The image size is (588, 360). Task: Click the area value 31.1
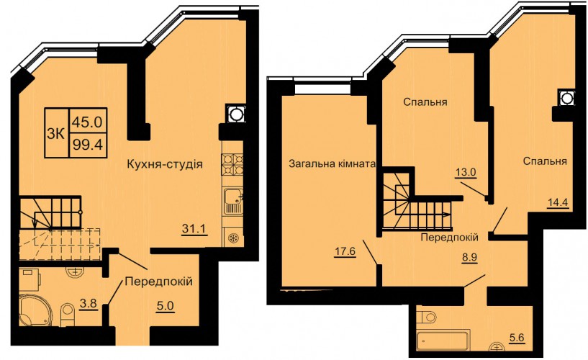194,228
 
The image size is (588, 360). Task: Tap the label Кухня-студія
165,164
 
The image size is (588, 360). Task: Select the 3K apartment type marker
56,134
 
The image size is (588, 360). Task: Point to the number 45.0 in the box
87,122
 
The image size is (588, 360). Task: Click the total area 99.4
87,145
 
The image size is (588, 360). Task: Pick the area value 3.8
89,304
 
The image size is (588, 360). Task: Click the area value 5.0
165,306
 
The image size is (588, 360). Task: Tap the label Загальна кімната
333,163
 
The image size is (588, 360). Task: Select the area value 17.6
345,251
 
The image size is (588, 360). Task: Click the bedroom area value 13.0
466,173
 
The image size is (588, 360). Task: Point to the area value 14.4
558,203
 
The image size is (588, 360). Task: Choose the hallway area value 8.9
469,258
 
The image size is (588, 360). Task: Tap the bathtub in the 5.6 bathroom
443,341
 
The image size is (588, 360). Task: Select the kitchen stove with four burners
232,164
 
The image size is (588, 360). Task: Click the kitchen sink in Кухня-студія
233,202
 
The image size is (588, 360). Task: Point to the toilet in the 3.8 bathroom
68,312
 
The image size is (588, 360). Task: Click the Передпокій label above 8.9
449,237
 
